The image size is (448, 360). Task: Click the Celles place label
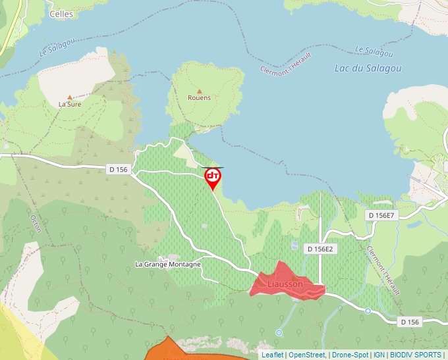(61, 13)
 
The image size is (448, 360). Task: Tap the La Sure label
(69, 104)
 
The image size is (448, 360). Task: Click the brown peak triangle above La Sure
(69, 97)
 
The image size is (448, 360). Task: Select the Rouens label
(199, 98)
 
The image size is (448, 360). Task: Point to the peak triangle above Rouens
(199, 91)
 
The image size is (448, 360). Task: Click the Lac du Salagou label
(362, 67)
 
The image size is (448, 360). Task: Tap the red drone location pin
(213, 177)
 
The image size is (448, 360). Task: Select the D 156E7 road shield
(381, 215)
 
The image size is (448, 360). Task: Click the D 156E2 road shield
(321, 249)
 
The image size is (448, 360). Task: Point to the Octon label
(37, 224)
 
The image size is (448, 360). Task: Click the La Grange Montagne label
(168, 264)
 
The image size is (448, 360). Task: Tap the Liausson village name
(285, 284)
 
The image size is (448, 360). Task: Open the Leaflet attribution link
(273, 355)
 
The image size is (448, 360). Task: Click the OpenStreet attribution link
(307, 355)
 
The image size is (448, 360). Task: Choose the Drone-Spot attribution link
(349, 355)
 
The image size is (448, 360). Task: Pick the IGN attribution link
(379, 355)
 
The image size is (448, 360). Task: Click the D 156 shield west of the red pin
(118, 170)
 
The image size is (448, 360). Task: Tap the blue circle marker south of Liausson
(279, 333)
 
